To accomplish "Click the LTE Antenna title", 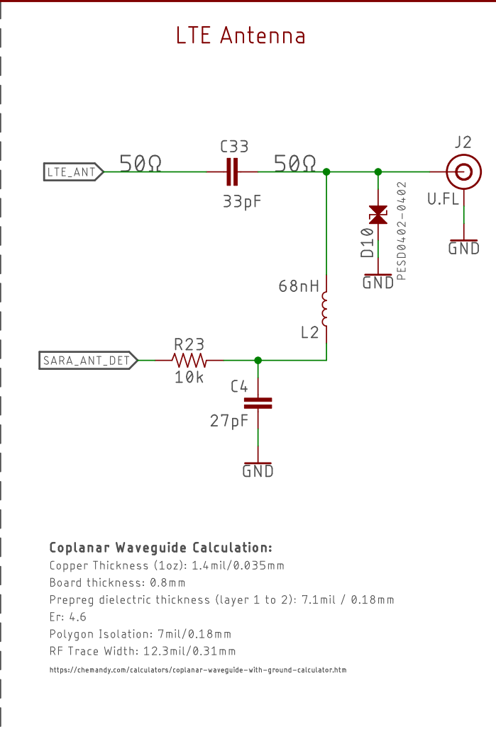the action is click(x=241, y=35).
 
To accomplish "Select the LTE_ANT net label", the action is click(x=73, y=172).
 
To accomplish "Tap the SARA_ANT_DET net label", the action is click(x=89, y=361).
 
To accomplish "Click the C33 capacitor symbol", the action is click(x=232, y=172).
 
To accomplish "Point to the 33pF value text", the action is click(x=242, y=201).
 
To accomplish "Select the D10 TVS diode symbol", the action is click(x=377, y=215).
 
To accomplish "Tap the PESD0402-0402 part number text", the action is click(x=401, y=231).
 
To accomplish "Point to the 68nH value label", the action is click(x=299, y=286).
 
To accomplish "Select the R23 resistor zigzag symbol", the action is click(x=189, y=361).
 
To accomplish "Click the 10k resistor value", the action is click(x=189, y=377).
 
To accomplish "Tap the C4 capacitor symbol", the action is click(x=258, y=403).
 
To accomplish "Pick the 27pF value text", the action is click(x=228, y=421).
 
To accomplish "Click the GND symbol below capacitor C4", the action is click(x=258, y=470).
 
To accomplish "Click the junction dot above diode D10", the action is click(x=378, y=172).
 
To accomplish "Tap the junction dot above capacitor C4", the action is click(x=258, y=361).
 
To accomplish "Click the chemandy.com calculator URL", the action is click(x=198, y=670).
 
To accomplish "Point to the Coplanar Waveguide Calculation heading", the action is click(x=160, y=548).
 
